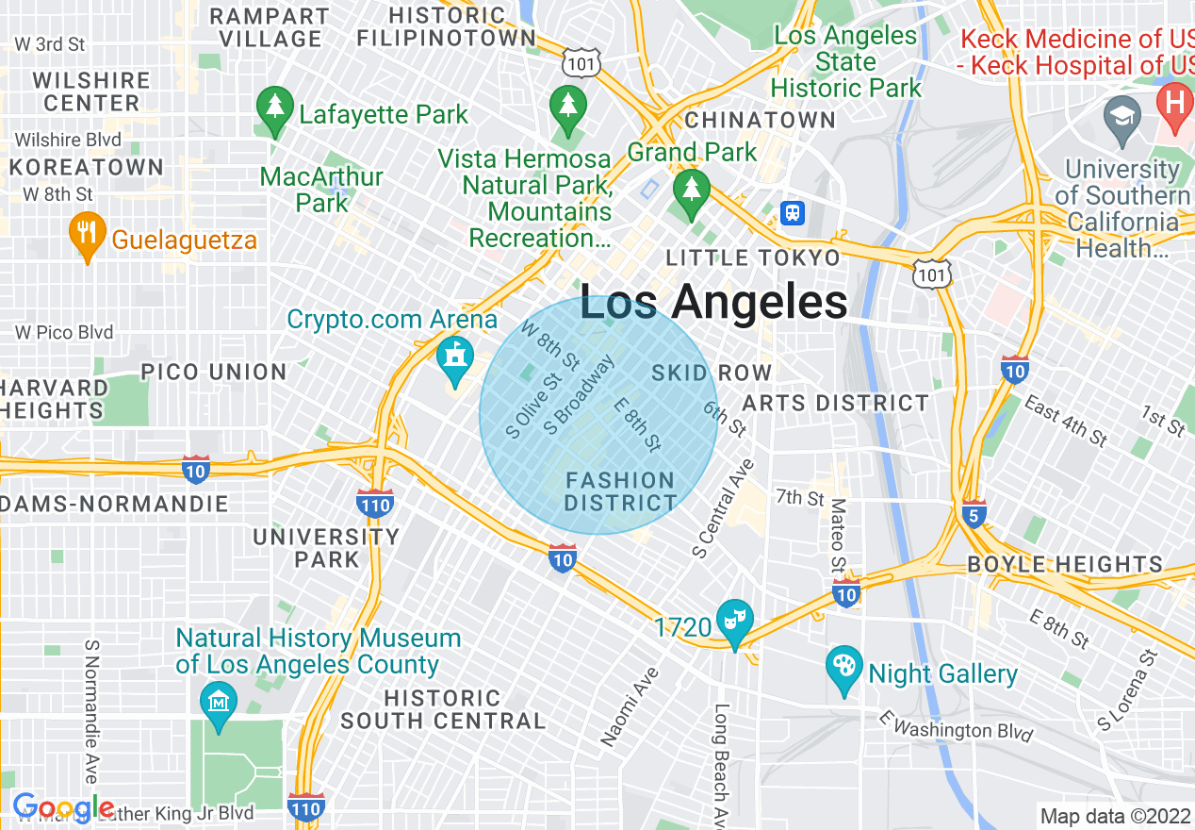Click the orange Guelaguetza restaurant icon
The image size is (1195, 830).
(88, 235)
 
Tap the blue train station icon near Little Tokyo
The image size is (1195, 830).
(794, 212)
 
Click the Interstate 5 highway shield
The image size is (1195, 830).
(975, 514)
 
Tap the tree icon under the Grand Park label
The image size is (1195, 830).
(693, 189)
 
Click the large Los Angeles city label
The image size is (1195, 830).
(713, 303)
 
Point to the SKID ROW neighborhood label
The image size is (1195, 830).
(712, 373)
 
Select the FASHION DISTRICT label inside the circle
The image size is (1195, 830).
(620, 491)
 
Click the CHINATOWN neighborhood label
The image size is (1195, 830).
(760, 120)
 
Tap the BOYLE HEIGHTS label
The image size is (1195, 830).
(1065, 565)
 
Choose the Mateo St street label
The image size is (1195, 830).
(837, 537)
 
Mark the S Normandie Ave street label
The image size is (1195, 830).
(91, 712)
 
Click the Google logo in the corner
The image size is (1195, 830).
(62, 807)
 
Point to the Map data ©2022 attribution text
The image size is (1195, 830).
(1115, 816)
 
